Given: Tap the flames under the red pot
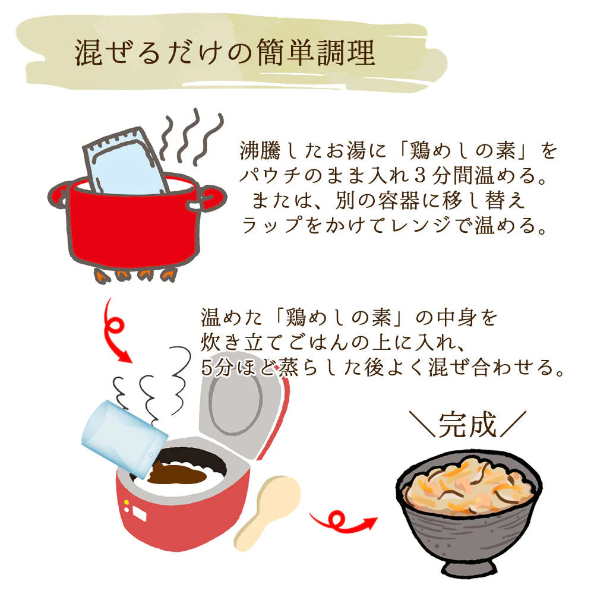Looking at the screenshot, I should [x=134, y=274].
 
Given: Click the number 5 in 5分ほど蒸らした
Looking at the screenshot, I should [x=206, y=368].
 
